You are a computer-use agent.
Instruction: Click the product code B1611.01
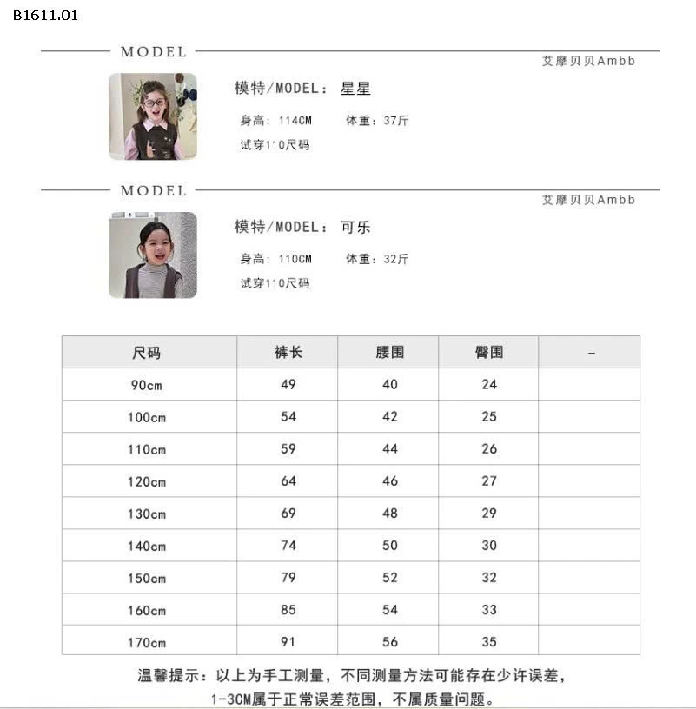46,15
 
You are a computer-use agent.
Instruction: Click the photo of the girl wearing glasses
153,116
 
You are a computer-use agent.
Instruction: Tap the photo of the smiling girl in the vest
153,255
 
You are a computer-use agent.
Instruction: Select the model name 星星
356,89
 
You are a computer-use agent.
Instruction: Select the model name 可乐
356,227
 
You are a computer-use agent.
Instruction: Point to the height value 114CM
295,121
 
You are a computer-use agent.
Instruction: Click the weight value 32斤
394,259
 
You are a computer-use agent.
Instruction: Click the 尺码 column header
147,353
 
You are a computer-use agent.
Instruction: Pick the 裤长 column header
288,353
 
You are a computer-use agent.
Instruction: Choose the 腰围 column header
390,353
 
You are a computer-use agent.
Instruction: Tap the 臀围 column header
489,353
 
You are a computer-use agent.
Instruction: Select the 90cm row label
147,385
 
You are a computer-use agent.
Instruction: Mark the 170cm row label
147,643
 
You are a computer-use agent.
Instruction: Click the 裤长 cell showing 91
288,642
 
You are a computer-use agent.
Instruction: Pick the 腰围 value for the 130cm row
390,514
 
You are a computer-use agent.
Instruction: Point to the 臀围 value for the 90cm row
489,384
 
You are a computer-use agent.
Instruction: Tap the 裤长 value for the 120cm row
288,480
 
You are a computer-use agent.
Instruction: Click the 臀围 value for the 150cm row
489,578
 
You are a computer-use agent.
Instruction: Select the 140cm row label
147,547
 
